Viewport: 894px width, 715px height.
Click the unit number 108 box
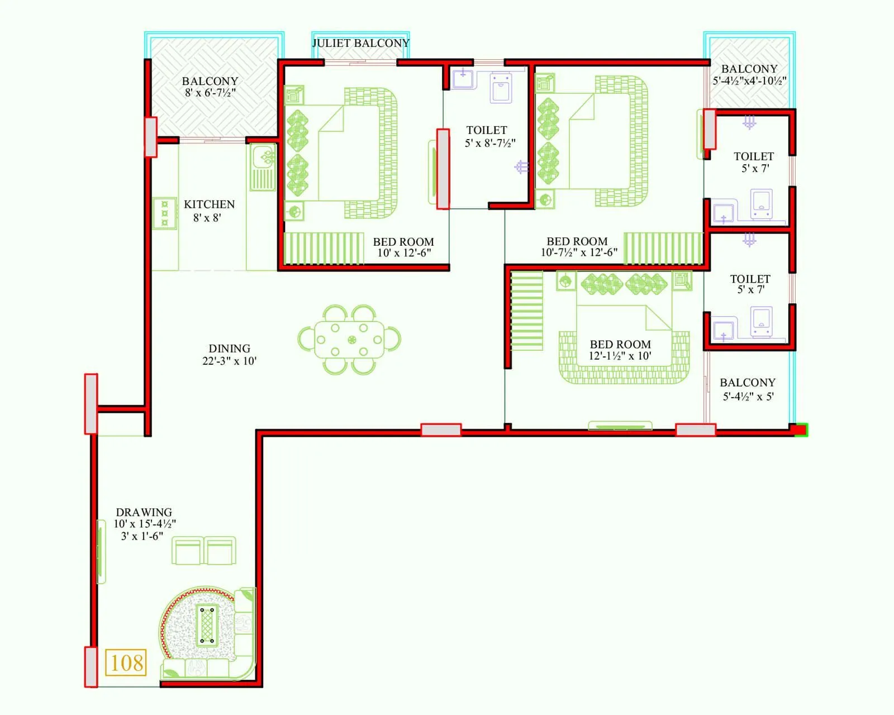click(126, 662)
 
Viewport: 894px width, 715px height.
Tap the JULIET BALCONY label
click(360, 43)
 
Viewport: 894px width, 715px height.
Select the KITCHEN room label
click(209, 204)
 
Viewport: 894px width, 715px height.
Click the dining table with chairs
click(349, 340)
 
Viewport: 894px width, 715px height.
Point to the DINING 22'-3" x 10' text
click(229, 355)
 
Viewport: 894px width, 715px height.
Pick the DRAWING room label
click(144, 512)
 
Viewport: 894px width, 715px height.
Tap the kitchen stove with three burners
click(165, 213)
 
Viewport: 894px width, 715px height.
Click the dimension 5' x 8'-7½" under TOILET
click(490, 143)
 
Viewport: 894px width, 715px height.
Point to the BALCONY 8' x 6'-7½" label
click(210, 87)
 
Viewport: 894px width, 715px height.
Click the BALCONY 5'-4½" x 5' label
click(748, 389)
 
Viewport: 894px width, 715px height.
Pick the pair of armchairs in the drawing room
click(204, 551)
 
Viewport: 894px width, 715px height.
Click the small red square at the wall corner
click(801, 430)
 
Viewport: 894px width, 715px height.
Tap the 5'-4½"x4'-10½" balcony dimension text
click(749, 80)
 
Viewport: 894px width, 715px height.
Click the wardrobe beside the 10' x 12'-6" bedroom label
click(324, 248)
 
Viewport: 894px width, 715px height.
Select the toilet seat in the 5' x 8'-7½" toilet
click(501, 89)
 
